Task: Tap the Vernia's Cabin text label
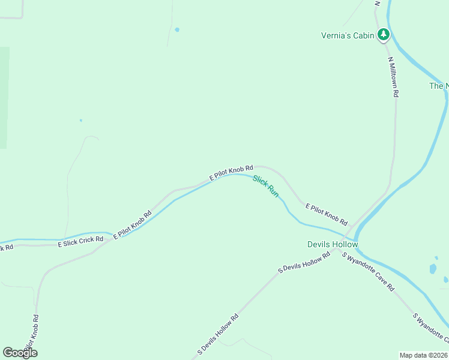point(348,35)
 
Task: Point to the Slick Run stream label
point(266,187)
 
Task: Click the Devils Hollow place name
point(333,244)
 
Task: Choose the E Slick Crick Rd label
point(80,242)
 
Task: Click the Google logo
point(20,352)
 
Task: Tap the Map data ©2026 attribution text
point(424,355)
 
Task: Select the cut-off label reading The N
point(439,86)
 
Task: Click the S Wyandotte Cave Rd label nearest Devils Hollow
point(368,272)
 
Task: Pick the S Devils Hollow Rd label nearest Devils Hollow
point(305,263)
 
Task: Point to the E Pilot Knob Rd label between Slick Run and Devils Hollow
point(326,215)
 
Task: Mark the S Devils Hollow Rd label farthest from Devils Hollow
point(218,334)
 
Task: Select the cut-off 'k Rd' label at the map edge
point(7,247)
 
